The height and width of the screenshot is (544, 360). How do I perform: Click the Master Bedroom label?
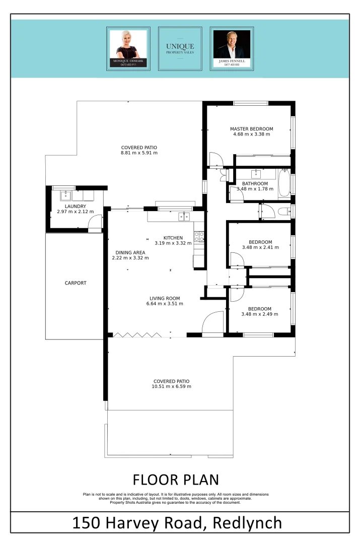tap(251, 128)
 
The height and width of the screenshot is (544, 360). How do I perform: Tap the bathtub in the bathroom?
tap(283, 185)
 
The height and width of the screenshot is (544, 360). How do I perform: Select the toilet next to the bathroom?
tap(285, 211)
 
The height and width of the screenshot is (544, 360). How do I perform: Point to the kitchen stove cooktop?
tap(199, 236)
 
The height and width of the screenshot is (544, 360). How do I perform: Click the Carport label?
tap(76, 283)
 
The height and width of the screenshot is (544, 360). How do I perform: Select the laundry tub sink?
tap(65, 195)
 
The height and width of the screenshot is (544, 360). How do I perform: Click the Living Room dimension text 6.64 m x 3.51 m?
tap(165, 304)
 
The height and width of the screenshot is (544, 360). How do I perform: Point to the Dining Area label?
tap(128, 252)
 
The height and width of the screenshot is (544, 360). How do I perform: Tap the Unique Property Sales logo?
tap(180, 48)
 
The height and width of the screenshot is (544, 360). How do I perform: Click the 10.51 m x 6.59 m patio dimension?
tap(171, 386)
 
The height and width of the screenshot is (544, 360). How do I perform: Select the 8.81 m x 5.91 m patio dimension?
tap(139, 153)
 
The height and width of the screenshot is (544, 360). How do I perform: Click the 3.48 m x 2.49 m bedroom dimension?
tap(259, 314)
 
